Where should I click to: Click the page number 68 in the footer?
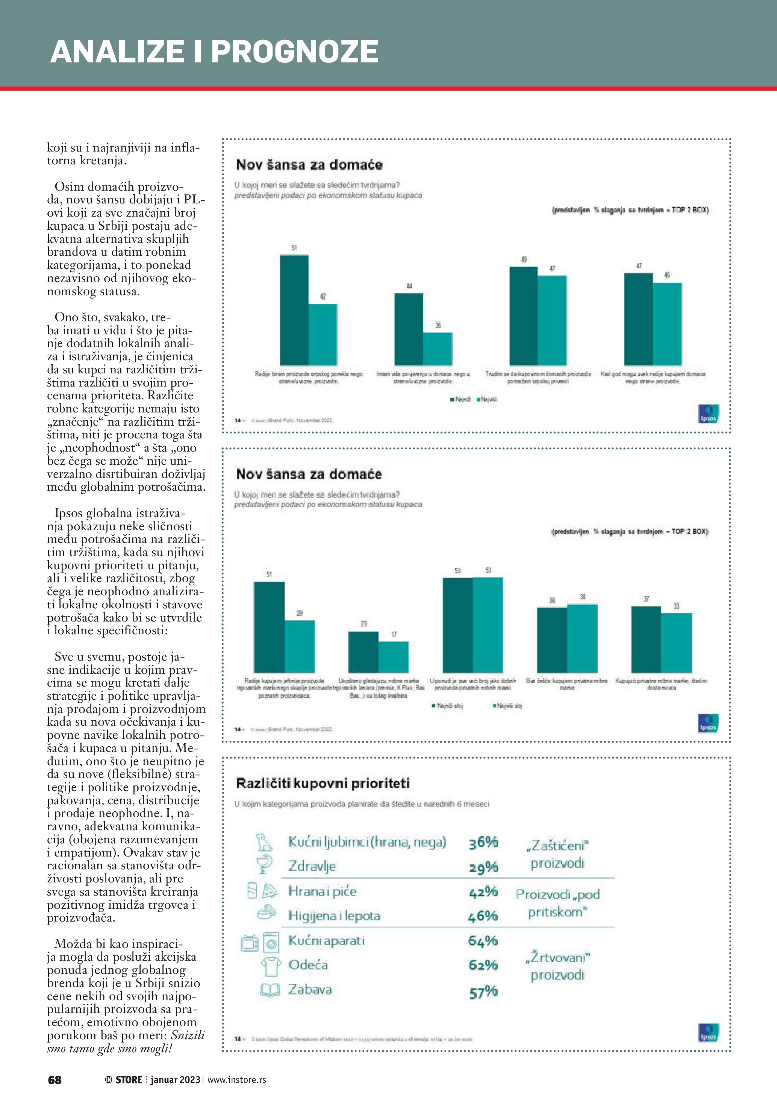click(55, 1079)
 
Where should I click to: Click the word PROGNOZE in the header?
click(294, 52)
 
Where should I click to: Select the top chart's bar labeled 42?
click(323, 334)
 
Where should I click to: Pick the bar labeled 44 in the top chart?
click(409, 329)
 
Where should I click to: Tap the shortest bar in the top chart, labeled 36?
click(438, 349)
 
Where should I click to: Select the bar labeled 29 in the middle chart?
click(300, 646)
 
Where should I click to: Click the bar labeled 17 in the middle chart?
click(394, 657)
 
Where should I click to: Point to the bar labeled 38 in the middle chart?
click(582, 638)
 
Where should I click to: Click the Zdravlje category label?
click(312, 866)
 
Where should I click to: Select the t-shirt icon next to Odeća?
click(271, 966)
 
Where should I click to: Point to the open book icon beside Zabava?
click(270, 990)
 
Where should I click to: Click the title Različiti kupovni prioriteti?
click(323, 783)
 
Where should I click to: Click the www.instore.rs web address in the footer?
click(237, 1080)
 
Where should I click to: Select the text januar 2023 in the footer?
click(175, 1080)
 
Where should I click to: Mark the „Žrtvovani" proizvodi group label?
click(557, 966)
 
